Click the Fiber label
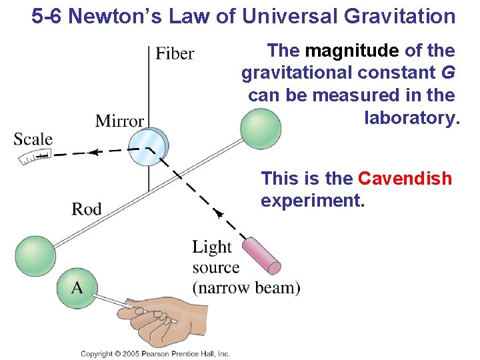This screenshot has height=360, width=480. (x=175, y=53)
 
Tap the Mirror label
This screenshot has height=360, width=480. (x=119, y=121)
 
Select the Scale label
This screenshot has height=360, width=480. (x=33, y=139)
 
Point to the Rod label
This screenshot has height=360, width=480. (x=87, y=209)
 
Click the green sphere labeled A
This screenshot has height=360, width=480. (x=77, y=287)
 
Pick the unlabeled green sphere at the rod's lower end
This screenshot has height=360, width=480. (x=35, y=256)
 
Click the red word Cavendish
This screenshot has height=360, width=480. (x=405, y=179)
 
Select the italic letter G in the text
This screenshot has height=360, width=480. (x=448, y=73)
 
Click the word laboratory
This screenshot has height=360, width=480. (x=412, y=118)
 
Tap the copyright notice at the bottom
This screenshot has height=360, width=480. (x=155, y=353)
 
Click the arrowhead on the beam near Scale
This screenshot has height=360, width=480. (x=95, y=152)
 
